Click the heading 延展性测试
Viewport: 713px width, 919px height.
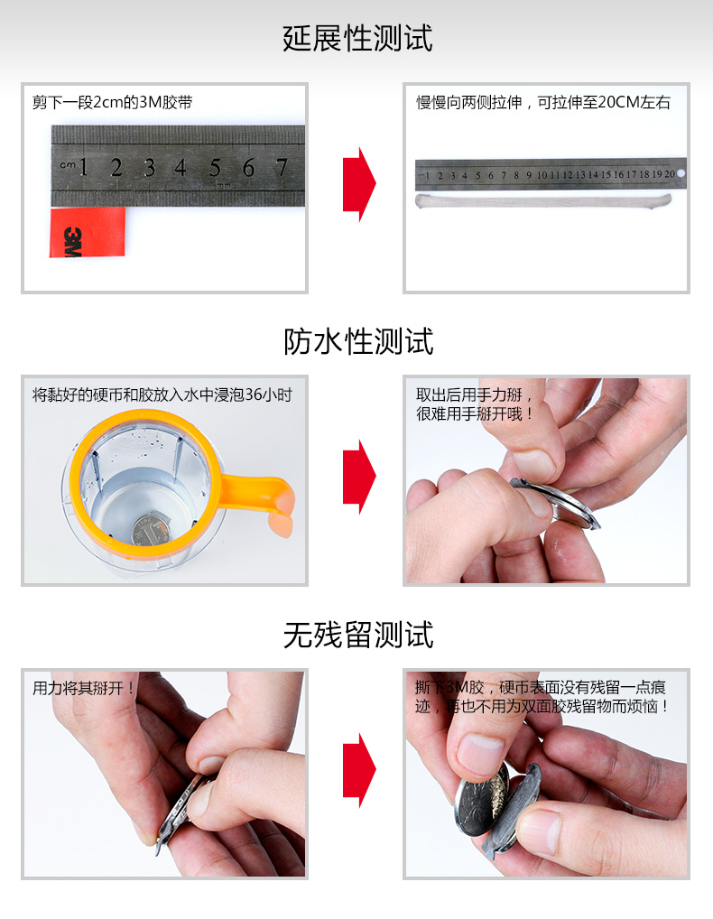(x=357, y=39)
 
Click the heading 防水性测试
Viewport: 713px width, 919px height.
(x=357, y=341)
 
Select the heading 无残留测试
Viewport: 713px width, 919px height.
(x=357, y=635)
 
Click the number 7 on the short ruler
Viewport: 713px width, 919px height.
(x=281, y=167)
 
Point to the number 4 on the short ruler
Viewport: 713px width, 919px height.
(x=181, y=167)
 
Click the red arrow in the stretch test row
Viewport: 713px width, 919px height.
(x=358, y=184)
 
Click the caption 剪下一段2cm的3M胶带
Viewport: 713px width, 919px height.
(x=112, y=103)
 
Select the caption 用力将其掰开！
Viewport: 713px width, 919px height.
(x=83, y=688)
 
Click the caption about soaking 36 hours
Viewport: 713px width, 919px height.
(x=162, y=395)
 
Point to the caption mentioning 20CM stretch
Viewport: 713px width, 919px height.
(x=542, y=103)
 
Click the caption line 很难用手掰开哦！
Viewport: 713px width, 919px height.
(x=475, y=414)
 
